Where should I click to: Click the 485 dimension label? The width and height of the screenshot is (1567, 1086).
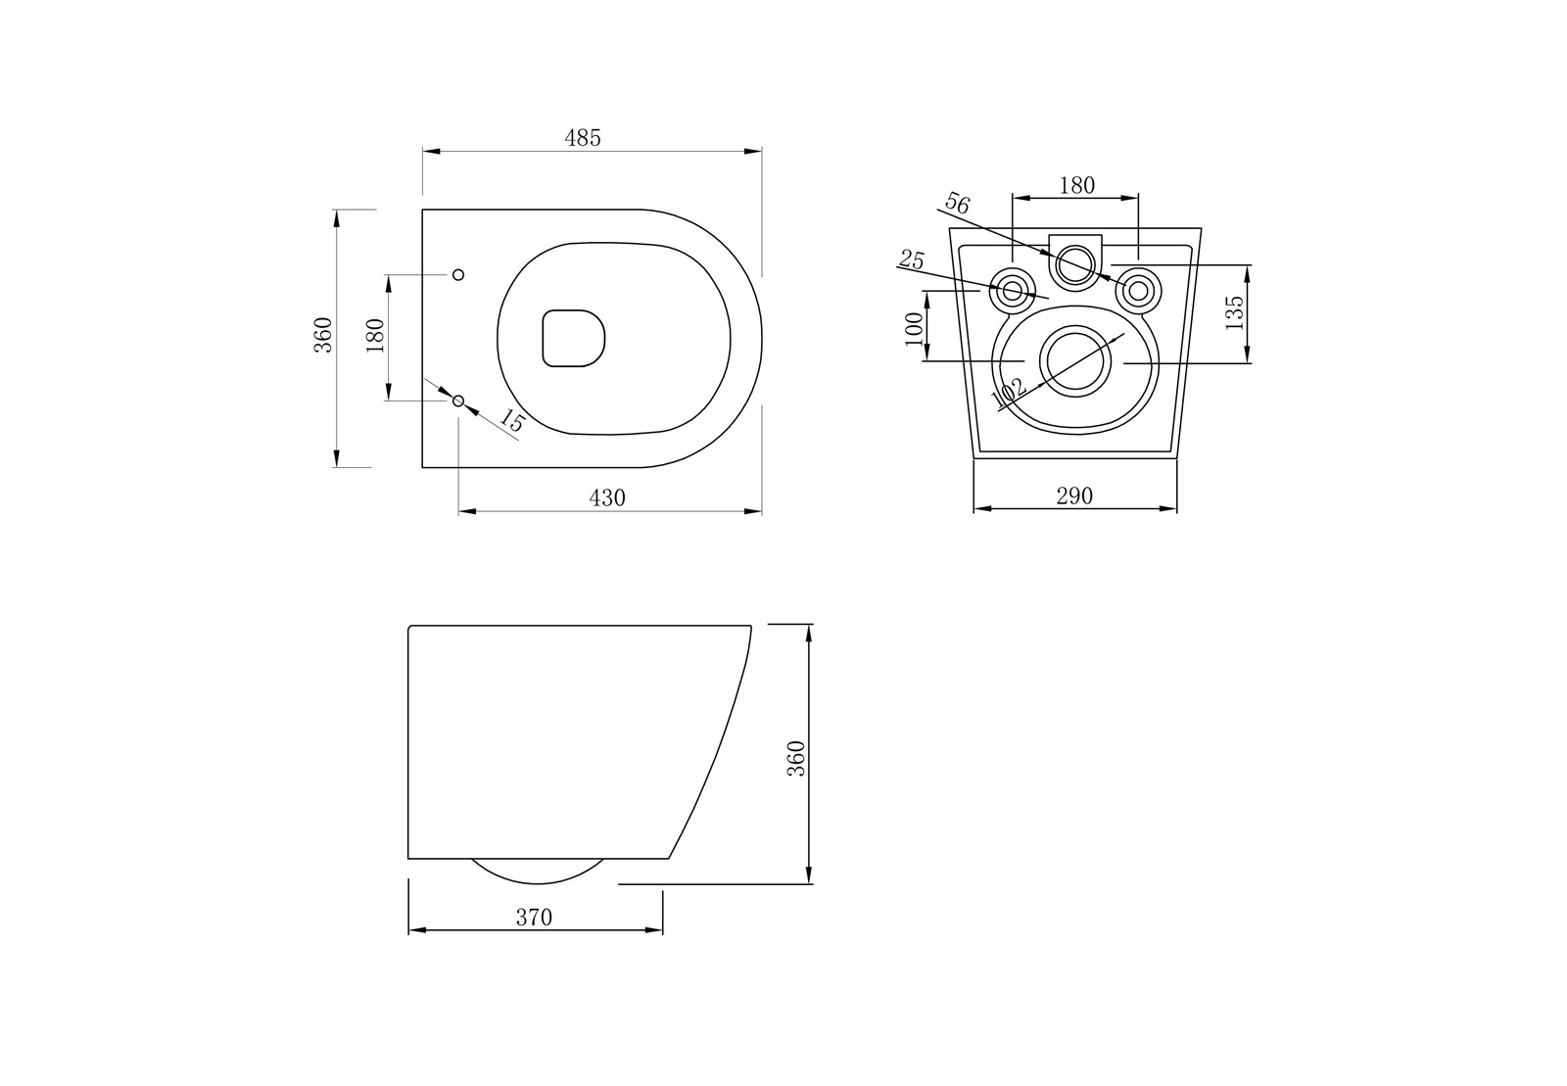(x=582, y=138)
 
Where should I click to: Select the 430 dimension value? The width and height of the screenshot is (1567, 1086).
(x=606, y=497)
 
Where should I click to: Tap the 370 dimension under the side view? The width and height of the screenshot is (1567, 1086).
(x=534, y=917)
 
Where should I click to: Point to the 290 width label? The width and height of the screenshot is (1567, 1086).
(x=1073, y=496)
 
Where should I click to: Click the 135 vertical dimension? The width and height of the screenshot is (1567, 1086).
(x=1235, y=312)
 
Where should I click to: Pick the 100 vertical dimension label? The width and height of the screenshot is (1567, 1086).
(x=914, y=328)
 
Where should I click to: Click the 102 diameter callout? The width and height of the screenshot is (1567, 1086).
(x=1008, y=393)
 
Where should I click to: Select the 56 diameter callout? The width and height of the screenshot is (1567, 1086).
(x=958, y=203)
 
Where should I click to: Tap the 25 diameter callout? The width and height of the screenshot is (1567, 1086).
(x=912, y=260)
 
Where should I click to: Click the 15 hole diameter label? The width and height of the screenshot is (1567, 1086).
(x=511, y=421)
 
